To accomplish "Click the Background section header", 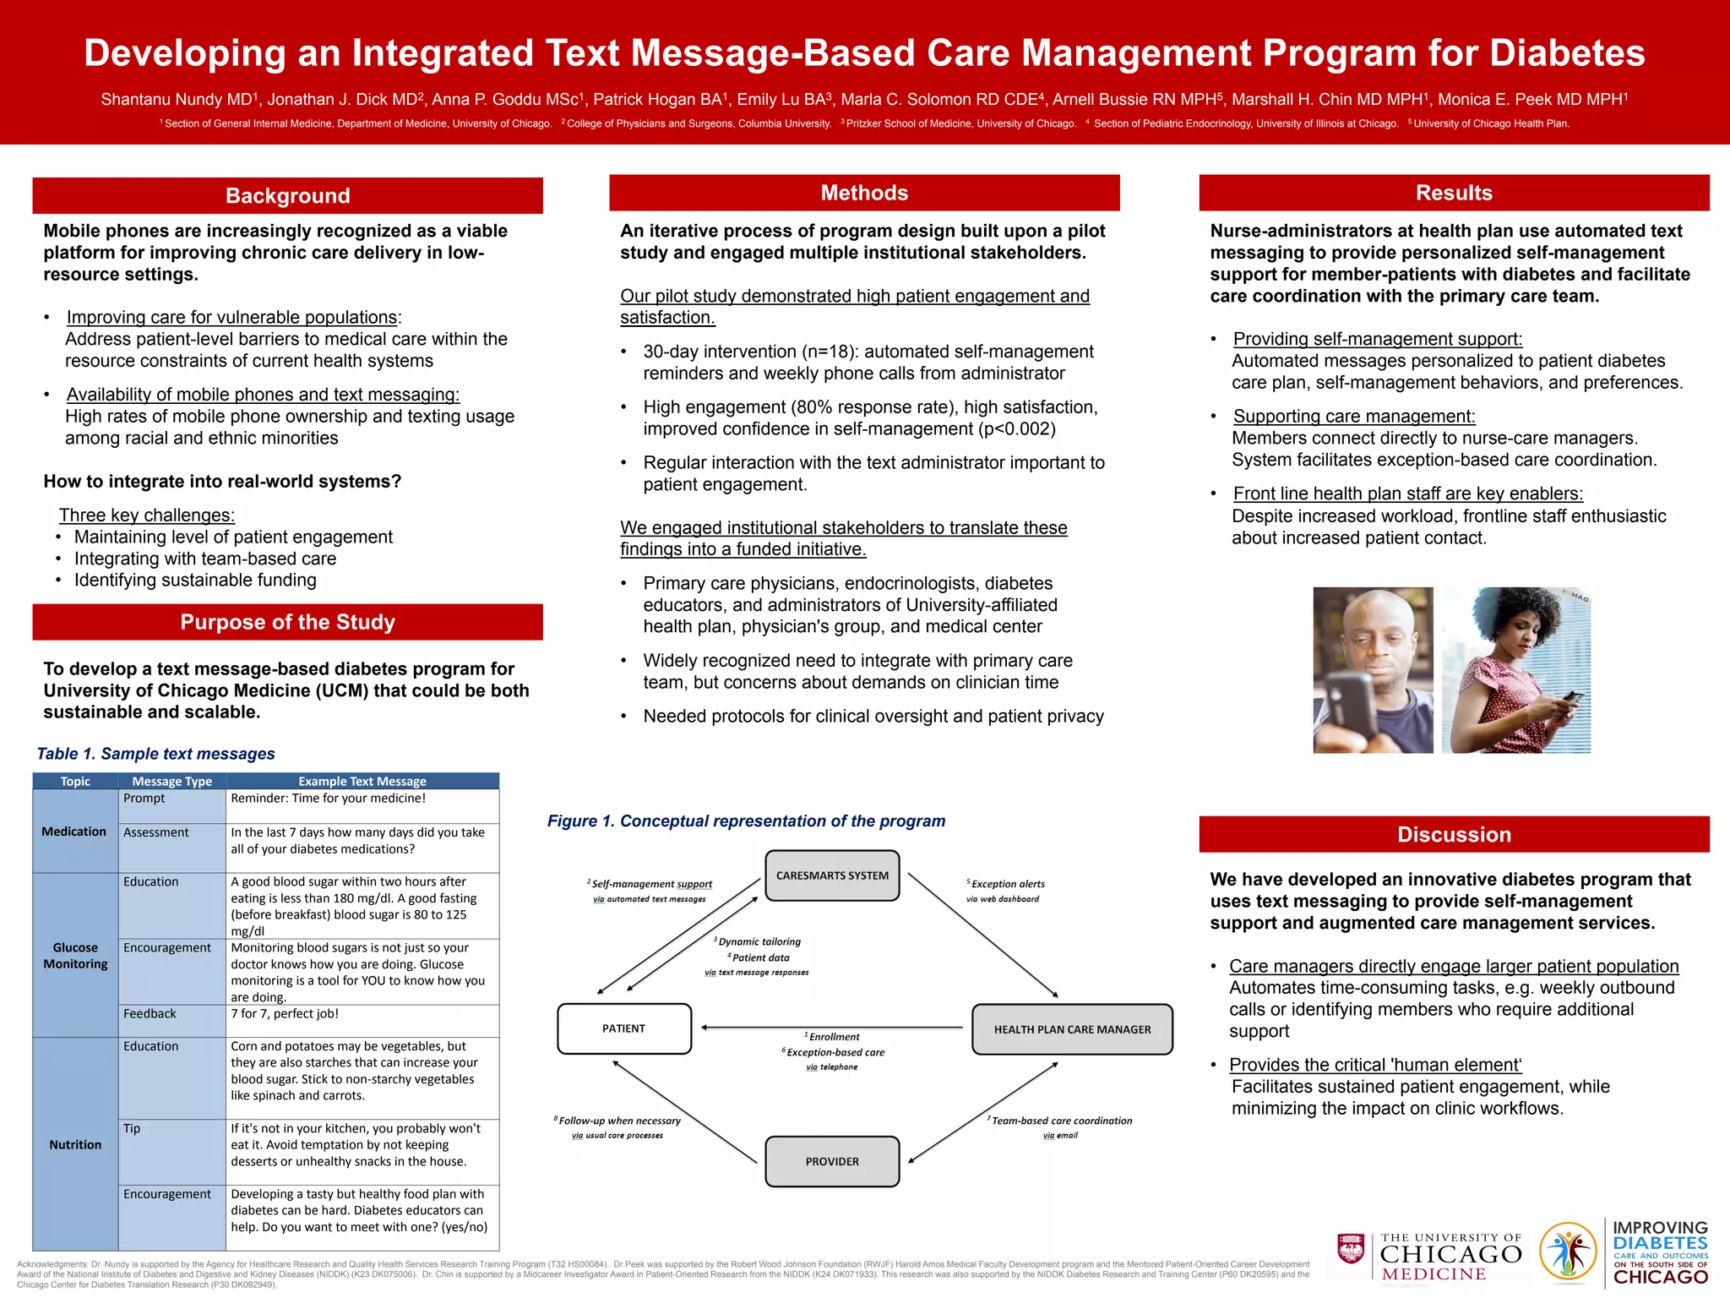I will (287, 196).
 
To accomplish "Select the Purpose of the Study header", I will (287, 623).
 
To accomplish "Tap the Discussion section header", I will (1454, 835).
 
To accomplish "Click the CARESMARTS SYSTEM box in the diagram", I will (832, 875).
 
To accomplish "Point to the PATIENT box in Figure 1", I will (623, 1028).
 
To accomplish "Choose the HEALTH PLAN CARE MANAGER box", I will (1072, 1029).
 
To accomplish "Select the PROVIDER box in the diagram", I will (832, 1161).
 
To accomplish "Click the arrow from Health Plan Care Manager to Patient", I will (832, 1028).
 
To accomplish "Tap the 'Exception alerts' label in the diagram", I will (1007, 884).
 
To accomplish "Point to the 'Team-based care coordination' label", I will (1061, 1121).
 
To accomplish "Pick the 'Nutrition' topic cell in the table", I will (75, 1144).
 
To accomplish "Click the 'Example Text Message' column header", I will (362, 782).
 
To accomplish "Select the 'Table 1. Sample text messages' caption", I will (156, 754).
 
